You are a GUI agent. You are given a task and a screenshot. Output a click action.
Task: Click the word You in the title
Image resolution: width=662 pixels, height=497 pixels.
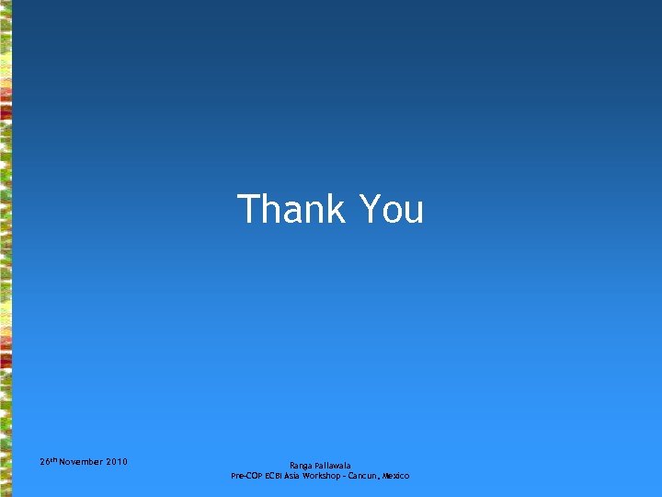pyautogui.click(x=391, y=209)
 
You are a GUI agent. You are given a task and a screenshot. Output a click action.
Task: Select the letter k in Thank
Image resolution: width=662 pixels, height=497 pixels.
pyautogui.click(x=335, y=209)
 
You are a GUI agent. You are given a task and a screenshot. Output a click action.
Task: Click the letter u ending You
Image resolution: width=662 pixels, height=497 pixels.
pyautogui.click(x=414, y=212)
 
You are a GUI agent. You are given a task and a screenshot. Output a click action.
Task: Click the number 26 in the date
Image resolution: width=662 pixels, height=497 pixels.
pyautogui.click(x=45, y=461)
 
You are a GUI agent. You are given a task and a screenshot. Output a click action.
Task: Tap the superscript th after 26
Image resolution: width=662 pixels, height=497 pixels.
pyautogui.click(x=53, y=458)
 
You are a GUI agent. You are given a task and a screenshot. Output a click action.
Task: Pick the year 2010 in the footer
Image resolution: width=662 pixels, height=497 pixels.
pyautogui.click(x=117, y=461)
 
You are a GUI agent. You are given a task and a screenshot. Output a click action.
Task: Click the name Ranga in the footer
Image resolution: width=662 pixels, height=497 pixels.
pyautogui.click(x=302, y=466)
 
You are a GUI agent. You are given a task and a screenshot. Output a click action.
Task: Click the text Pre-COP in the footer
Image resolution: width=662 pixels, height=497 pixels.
pyautogui.click(x=246, y=476)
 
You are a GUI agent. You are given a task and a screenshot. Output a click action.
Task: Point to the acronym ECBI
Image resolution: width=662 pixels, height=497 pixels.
pyautogui.click(x=274, y=476)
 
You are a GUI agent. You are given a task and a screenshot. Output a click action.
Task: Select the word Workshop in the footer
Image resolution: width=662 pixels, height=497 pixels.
pyautogui.click(x=323, y=476)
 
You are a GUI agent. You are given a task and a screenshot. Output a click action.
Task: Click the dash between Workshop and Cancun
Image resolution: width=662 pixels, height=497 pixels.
pyautogui.click(x=344, y=476)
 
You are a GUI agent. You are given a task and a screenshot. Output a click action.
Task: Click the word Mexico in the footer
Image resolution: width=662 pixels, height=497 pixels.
pyautogui.click(x=396, y=476)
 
